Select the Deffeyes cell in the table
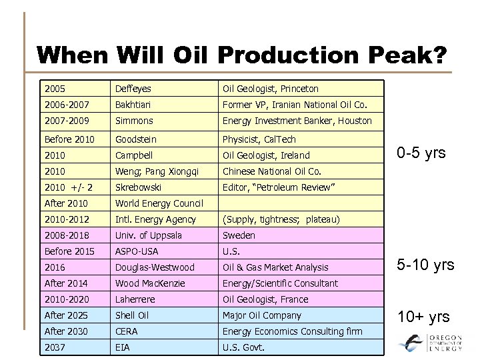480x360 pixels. (133, 89)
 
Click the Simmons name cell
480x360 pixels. (134, 121)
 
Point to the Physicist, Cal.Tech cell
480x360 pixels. (259, 139)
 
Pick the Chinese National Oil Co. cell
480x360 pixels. (272, 171)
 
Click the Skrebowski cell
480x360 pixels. (139, 187)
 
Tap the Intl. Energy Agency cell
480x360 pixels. (155, 219)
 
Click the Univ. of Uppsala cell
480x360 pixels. (149, 235)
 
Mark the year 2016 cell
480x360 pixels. (55, 267)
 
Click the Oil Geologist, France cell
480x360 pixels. (265, 299)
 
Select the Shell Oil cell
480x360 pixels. (132, 315)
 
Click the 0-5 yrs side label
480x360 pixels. (421, 154)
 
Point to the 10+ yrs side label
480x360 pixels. (423, 317)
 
